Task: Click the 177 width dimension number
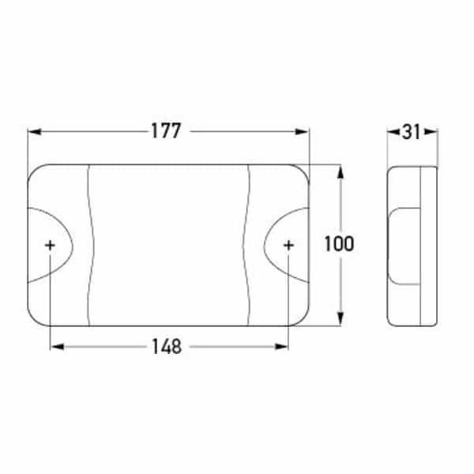(167, 132)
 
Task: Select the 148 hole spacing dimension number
(167, 346)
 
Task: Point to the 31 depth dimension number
(410, 132)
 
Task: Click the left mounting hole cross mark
(51, 246)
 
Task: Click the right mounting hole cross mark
(288, 246)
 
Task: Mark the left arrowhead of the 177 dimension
(32, 132)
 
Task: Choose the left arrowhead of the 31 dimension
(392, 132)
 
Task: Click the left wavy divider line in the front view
(89, 245)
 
